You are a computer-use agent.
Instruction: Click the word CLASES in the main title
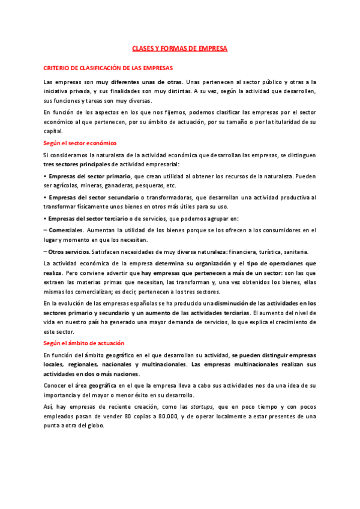142,48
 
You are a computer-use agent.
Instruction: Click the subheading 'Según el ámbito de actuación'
83,343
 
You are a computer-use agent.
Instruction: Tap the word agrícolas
67,185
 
